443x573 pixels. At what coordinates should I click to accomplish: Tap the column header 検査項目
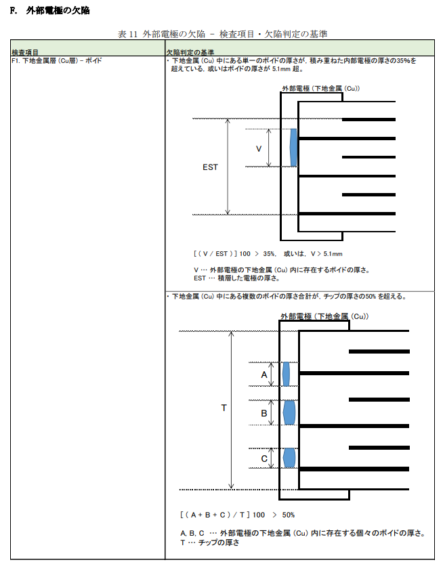coord(26,52)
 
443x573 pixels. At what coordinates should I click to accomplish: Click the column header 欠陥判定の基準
coord(190,52)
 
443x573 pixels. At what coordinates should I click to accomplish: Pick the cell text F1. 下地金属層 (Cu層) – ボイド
coord(57,60)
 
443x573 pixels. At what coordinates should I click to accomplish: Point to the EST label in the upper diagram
coord(210,167)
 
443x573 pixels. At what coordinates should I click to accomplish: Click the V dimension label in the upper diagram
coord(258,148)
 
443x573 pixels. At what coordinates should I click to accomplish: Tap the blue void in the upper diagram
coord(293,148)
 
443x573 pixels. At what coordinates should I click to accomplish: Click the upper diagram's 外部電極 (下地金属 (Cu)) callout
coord(320,89)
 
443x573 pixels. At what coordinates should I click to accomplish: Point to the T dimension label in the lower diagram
coord(224,408)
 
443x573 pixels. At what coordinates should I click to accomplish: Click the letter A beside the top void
coord(264,374)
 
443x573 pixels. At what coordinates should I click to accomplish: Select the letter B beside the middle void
coord(264,412)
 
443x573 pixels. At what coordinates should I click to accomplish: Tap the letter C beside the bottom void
coord(264,459)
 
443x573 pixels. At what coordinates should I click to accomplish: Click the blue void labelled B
coord(289,412)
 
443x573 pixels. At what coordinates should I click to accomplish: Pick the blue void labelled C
coord(289,457)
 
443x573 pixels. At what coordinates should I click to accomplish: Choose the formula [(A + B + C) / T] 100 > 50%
coord(237,514)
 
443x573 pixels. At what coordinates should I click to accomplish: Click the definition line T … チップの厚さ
coord(210,542)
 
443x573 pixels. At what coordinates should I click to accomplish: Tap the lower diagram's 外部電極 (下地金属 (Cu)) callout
coord(324,316)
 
